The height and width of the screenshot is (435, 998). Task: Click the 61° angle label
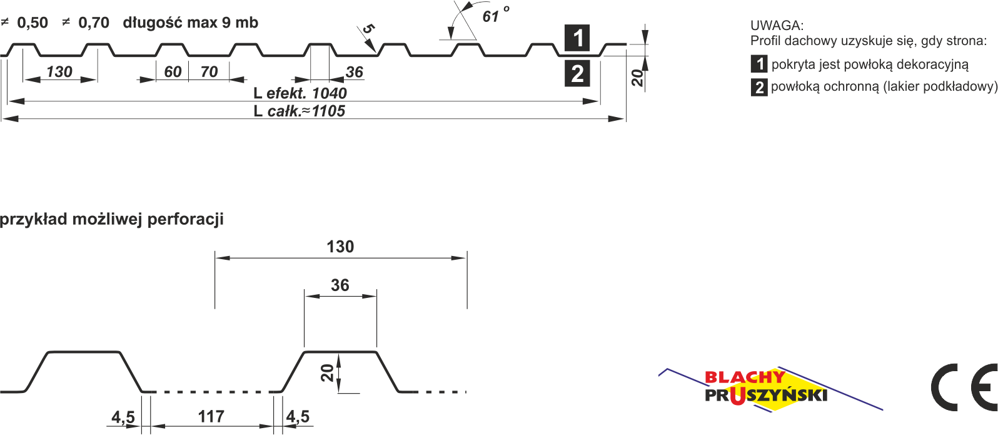pyautogui.click(x=494, y=15)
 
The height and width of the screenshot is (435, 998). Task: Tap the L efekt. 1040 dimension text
pyautogui.click(x=300, y=93)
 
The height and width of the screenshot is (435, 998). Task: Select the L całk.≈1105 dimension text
pyautogui.click(x=300, y=111)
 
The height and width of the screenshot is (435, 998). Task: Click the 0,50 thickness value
pyautogui.click(x=33, y=23)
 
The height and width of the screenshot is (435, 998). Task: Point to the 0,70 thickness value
pyautogui.click(x=94, y=23)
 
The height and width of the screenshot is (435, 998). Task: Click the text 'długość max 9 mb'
pyautogui.click(x=190, y=23)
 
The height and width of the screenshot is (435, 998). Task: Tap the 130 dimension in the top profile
pyautogui.click(x=59, y=72)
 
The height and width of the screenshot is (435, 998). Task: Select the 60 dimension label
pyautogui.click(x=173, y=72)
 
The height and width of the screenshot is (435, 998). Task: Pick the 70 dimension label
pyautogui.click(x=209, y=72)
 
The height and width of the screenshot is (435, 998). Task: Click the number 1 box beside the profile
pyautogui.click(x=577, y=38)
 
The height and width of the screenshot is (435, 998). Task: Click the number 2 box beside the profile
pyautogui.click(x=577, y=74)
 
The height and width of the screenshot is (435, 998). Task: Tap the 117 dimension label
pyautogui.click(x=211, y=416)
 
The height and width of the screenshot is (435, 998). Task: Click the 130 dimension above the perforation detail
pyautogui.click(x=340, y=247)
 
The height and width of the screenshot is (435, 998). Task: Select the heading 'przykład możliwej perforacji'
pyautogui.click(x=112, y=220)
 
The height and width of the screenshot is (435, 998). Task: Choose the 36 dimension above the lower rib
pyautogui.click(x=340, y=285)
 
